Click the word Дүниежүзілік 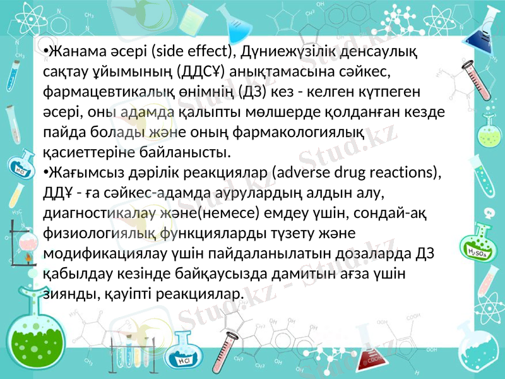pos(309,50)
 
